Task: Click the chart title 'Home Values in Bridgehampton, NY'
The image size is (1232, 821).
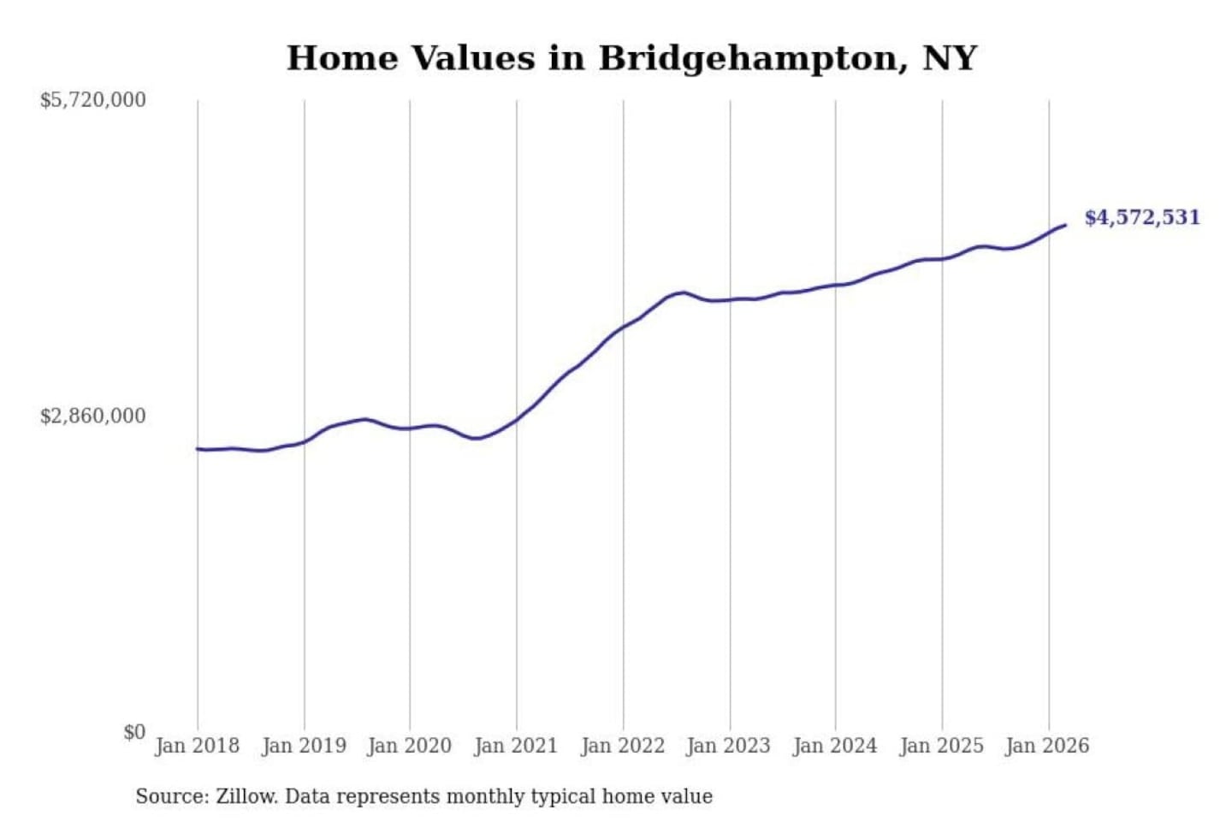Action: pos(631,58)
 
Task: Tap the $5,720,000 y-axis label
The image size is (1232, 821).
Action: pos(93,100)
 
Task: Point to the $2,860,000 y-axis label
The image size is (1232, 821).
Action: pos(93,416)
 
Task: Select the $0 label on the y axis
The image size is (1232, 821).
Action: pos(134,732)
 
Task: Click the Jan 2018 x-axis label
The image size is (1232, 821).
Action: pos(197,746)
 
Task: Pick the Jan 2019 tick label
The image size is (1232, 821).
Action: pos(304,746)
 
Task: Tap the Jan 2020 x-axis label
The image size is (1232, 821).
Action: pos(409,746)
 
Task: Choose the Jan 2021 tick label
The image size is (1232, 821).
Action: pos(516,746)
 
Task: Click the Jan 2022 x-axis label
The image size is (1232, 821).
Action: pos(623,746)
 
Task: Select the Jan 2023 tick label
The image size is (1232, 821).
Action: pos(729,746)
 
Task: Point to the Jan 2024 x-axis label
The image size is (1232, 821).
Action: pos(835,746)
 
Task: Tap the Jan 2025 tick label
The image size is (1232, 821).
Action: pos(942,746)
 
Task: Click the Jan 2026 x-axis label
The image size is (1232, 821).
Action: pos(1048,746)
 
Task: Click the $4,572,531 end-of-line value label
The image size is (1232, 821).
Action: pos(1142,217)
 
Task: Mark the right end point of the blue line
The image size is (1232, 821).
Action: pos(1065,225)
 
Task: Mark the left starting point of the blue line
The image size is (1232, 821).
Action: pos(198,448)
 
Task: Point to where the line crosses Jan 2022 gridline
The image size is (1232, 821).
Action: pos(623,327)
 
